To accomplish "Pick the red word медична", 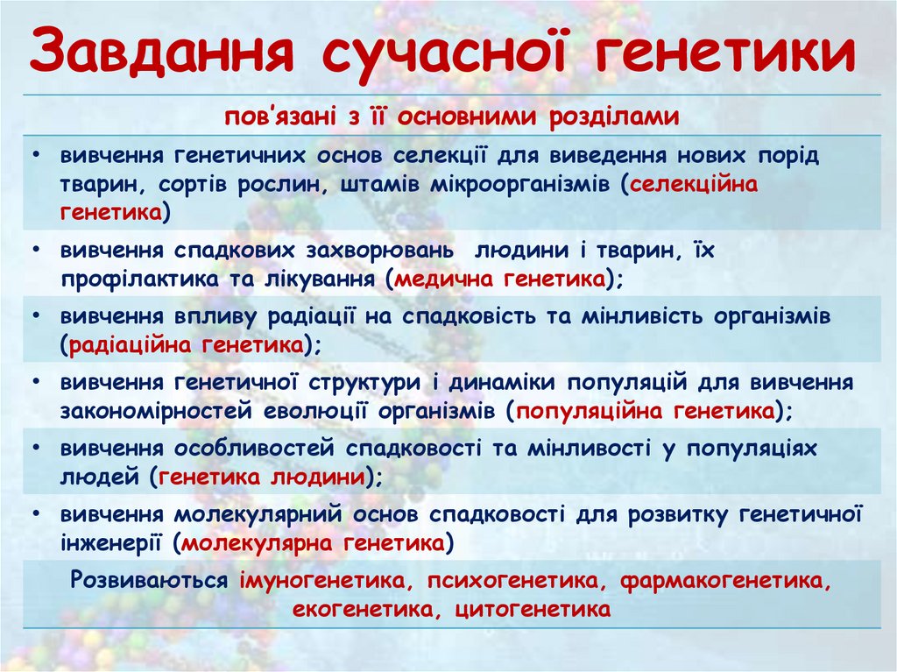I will (445, 279).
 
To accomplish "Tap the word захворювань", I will (379, 251).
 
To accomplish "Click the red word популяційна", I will (590, 410).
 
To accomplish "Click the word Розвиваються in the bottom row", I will (151, 580).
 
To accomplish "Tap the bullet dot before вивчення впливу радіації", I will (34, 316).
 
